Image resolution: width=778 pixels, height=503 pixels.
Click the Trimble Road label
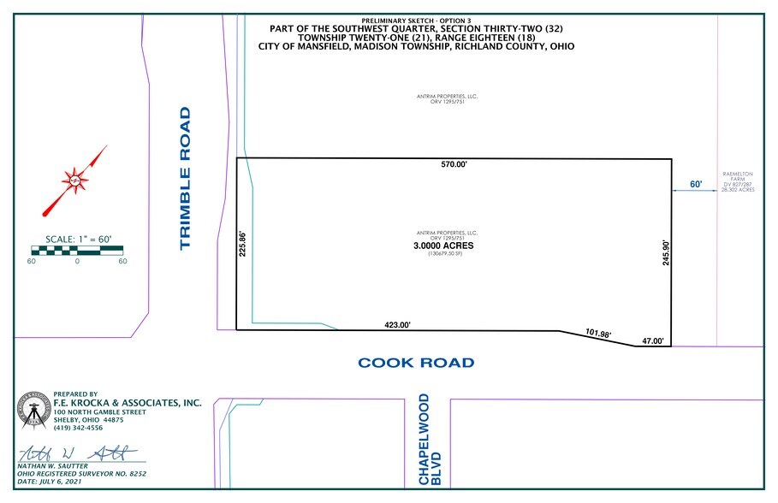point(185,179)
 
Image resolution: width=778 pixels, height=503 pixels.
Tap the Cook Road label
point(416,363)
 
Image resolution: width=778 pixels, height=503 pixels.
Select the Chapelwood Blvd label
point(430,441)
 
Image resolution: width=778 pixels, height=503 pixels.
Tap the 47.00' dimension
point(653,342)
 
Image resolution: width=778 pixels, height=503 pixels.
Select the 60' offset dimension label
point(695,184)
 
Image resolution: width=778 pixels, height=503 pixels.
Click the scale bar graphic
point(77,251)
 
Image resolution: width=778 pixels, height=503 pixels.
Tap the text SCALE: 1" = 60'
point(77,240)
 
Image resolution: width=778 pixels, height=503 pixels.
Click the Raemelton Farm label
point(736,181)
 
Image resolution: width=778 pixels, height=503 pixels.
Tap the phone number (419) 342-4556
point(78,427)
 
